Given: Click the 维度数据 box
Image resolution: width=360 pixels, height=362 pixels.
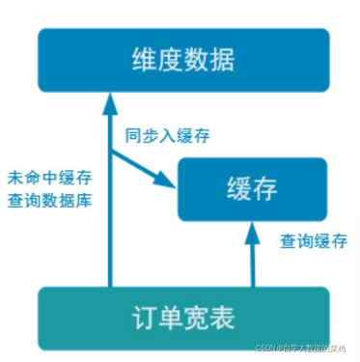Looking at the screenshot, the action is coord(182,60).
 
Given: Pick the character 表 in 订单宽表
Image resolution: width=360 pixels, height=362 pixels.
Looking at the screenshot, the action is coord(225,314).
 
